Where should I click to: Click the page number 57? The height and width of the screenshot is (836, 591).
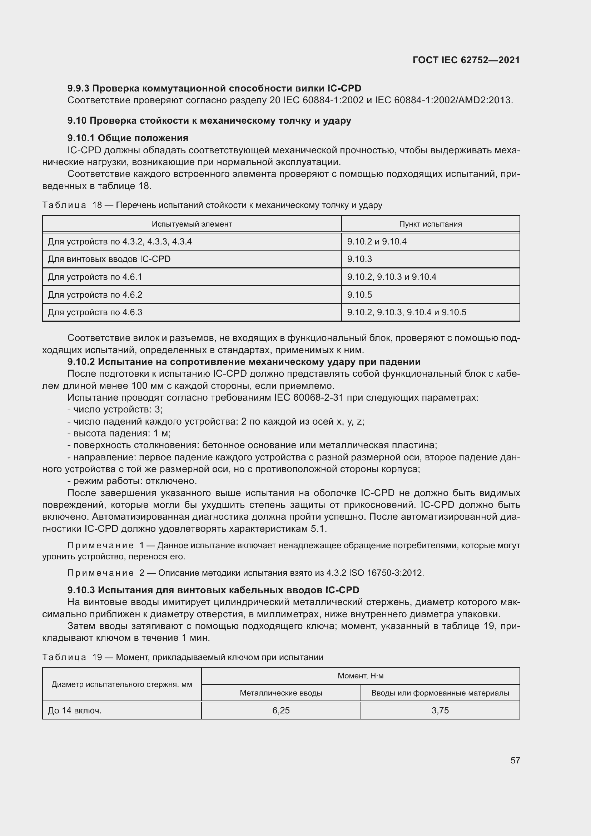(515, 760)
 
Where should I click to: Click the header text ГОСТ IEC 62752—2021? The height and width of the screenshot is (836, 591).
(466, 60)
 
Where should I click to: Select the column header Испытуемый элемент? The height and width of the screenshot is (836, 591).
(192, 224)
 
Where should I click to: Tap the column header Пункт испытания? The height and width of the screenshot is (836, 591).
(430, 224)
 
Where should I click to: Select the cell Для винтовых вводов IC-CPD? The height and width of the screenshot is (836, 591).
(109, 259)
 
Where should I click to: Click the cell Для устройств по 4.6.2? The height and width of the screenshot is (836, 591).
(95, 295)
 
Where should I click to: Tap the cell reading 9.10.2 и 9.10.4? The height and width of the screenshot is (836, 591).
(377, 241)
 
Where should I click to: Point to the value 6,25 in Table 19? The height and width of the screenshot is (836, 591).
(281, 711)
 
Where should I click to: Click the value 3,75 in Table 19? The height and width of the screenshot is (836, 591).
(440, 711)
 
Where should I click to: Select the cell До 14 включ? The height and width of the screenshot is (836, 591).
(75, 711)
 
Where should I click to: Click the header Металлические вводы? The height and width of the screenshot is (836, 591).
(281, 693)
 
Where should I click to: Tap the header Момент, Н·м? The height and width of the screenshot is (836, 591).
(360, 676)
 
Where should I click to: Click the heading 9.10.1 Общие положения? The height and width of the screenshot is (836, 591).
(128, 138)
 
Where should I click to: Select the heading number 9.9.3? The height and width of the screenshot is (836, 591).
(78, 89)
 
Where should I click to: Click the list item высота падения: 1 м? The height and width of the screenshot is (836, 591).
(119, 433)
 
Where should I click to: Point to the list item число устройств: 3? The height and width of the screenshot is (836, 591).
(115, 410)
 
